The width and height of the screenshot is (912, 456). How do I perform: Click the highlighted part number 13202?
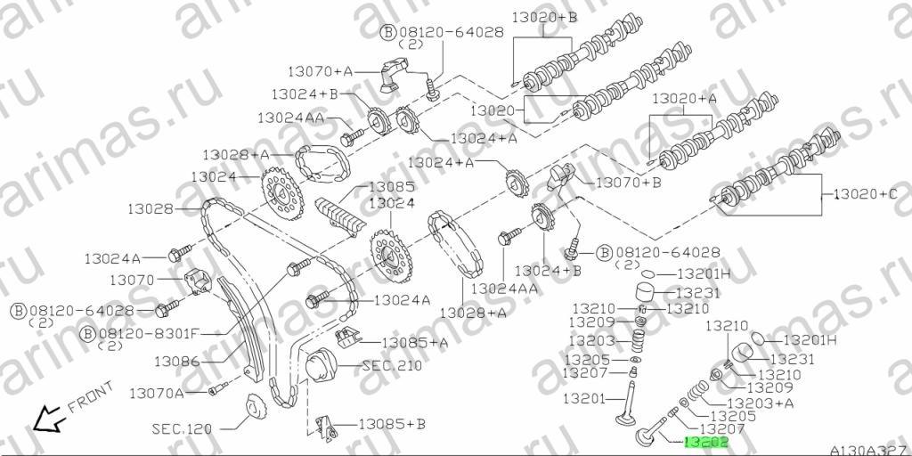point(706,444)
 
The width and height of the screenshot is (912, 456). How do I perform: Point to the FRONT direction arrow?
point(47,419)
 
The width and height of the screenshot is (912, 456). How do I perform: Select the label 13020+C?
point(866,194)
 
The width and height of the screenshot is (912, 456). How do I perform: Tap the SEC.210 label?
point(392,366)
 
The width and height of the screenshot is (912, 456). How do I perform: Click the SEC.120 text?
point(182,429)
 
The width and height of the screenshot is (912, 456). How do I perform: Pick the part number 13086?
point(177,362)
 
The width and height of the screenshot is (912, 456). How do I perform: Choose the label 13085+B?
point(391,424)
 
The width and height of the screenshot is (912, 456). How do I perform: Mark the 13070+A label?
point(321,71)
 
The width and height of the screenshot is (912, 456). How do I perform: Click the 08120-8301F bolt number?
point(148,334)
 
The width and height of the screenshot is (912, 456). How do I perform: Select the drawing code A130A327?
point(870,450)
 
